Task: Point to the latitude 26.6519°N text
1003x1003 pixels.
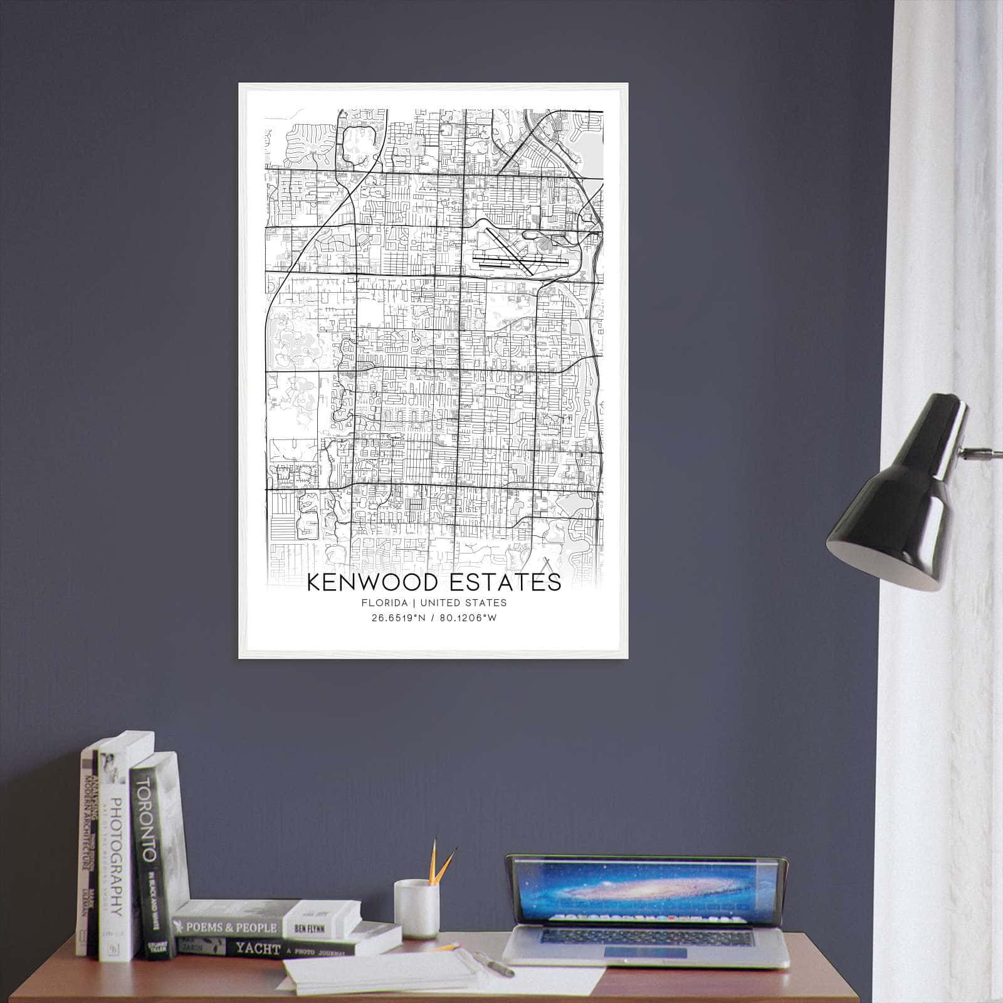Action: [x=398, y=617]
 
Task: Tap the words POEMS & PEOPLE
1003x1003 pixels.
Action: [x=228, y=928]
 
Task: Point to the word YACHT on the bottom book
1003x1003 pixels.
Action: [x=258, y=949]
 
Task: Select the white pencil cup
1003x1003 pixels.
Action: [x=416, y=909]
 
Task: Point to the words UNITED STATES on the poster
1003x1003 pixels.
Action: [x=463, y=603]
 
